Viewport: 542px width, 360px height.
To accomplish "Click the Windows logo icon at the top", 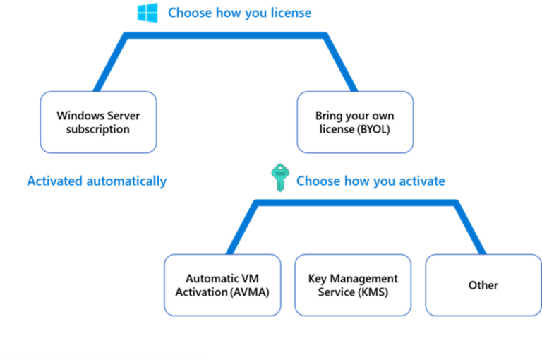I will [x=148, y=13].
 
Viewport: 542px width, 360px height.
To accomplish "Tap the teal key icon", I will [x=278, y=179].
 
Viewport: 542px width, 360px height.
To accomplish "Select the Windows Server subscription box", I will [x=98, y=122].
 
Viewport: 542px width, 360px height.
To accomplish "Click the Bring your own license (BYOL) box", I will [x=354, y=122].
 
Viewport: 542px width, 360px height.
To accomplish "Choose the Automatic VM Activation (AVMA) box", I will [x=222, y=285].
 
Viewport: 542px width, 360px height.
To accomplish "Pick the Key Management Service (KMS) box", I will [x=353, y=285].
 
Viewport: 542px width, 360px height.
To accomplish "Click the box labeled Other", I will [x=483, y=285].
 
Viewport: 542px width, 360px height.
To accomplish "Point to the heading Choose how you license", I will [x=239, y=13].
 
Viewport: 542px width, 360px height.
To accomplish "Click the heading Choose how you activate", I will [x=370, y=181].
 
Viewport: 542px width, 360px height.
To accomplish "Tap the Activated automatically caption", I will [x=97, y=181].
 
